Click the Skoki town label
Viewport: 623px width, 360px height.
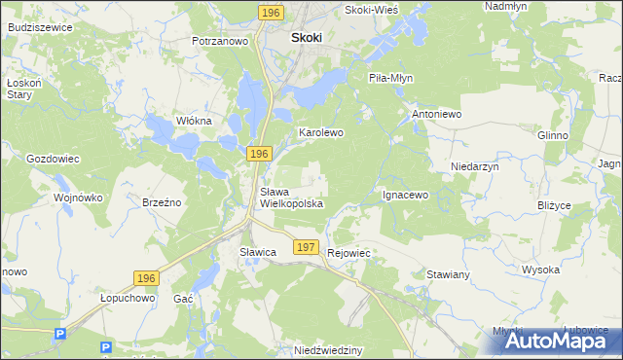coord(307,38)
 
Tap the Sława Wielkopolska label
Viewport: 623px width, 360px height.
coord(290,198)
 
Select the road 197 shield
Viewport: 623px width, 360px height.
coord(306,248)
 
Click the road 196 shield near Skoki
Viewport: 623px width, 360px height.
coord(272,12)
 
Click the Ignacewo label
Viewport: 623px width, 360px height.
coord(405,195)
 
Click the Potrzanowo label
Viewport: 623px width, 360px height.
coord(221,42)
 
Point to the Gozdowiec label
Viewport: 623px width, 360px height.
coord(53,158)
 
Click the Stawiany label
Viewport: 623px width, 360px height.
coord(448,275)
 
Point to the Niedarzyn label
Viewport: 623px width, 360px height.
coord(474,167)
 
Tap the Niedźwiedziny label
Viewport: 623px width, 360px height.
coord(328,349)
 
